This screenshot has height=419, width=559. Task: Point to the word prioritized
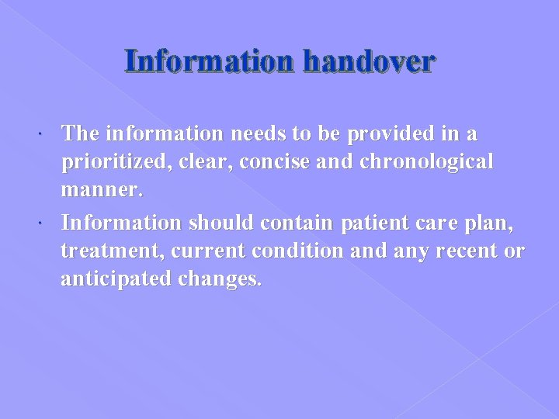point(113,161)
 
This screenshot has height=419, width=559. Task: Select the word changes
point(224,279)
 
